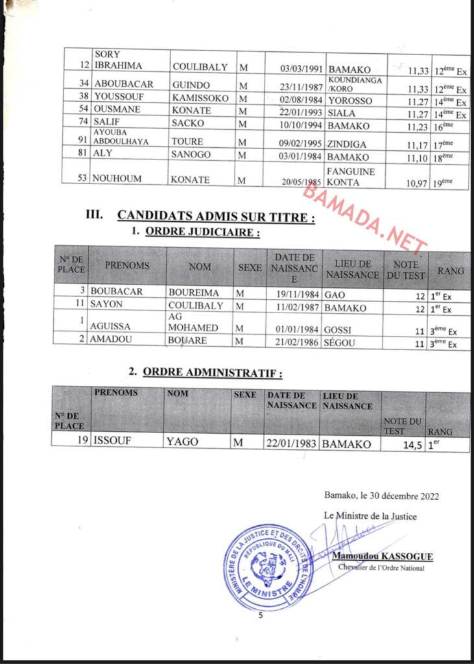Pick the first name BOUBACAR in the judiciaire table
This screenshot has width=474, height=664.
point(116,292)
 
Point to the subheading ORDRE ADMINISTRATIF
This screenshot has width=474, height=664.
point(212,373)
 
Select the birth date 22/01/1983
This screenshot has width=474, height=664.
point(291,444)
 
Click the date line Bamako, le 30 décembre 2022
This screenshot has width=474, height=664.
point(381,496)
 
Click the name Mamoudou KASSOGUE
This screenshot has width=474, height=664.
point(382,557)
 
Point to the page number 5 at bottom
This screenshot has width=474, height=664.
point(261,616)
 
